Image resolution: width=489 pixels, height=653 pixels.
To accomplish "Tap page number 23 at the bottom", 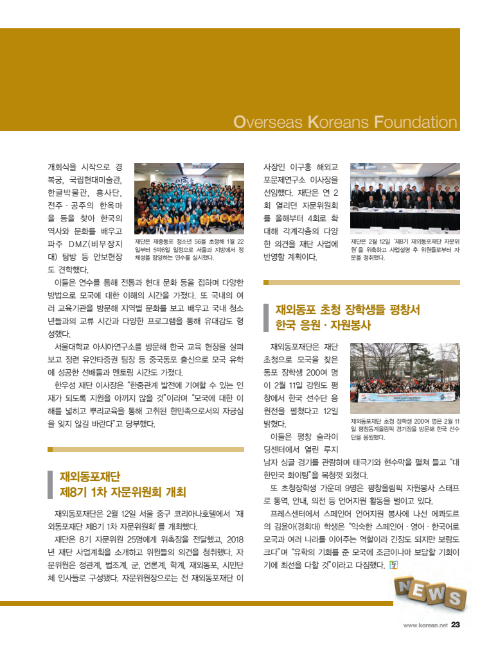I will (456, 625).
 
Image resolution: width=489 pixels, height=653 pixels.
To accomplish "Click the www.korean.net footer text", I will (425, 625).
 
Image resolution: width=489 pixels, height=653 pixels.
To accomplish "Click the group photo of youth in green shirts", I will (189, 198).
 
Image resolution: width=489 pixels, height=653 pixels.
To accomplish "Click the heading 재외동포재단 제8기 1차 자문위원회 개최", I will (122, 484).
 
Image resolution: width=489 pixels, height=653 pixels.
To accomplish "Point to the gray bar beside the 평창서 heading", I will (266, 317).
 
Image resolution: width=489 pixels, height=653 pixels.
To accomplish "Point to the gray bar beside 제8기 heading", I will (50, 484).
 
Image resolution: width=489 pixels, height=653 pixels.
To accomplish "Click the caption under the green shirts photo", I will (189, 249).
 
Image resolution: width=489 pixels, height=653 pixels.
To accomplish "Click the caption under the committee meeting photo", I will (405, 249).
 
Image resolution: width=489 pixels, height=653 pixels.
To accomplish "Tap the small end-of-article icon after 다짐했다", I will (393, 565).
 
